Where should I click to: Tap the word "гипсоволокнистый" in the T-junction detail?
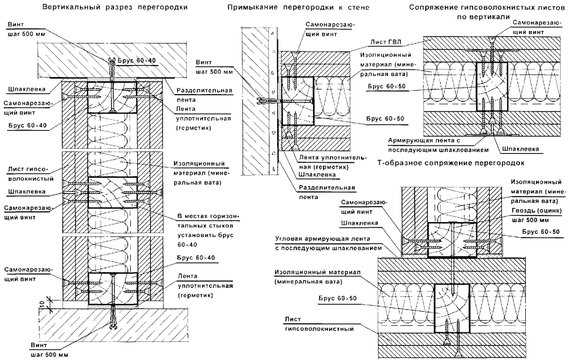pos(322,329)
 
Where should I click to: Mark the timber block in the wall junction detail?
pos(298,100)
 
